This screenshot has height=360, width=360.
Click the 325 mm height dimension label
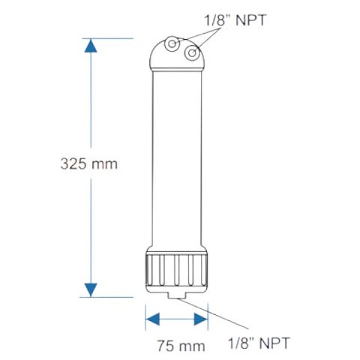coord(89,163)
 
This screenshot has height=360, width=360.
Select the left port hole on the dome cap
coord(173,45)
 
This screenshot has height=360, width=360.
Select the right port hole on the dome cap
coord(191,53)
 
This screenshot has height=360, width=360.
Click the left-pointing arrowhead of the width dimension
coord(151,319)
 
